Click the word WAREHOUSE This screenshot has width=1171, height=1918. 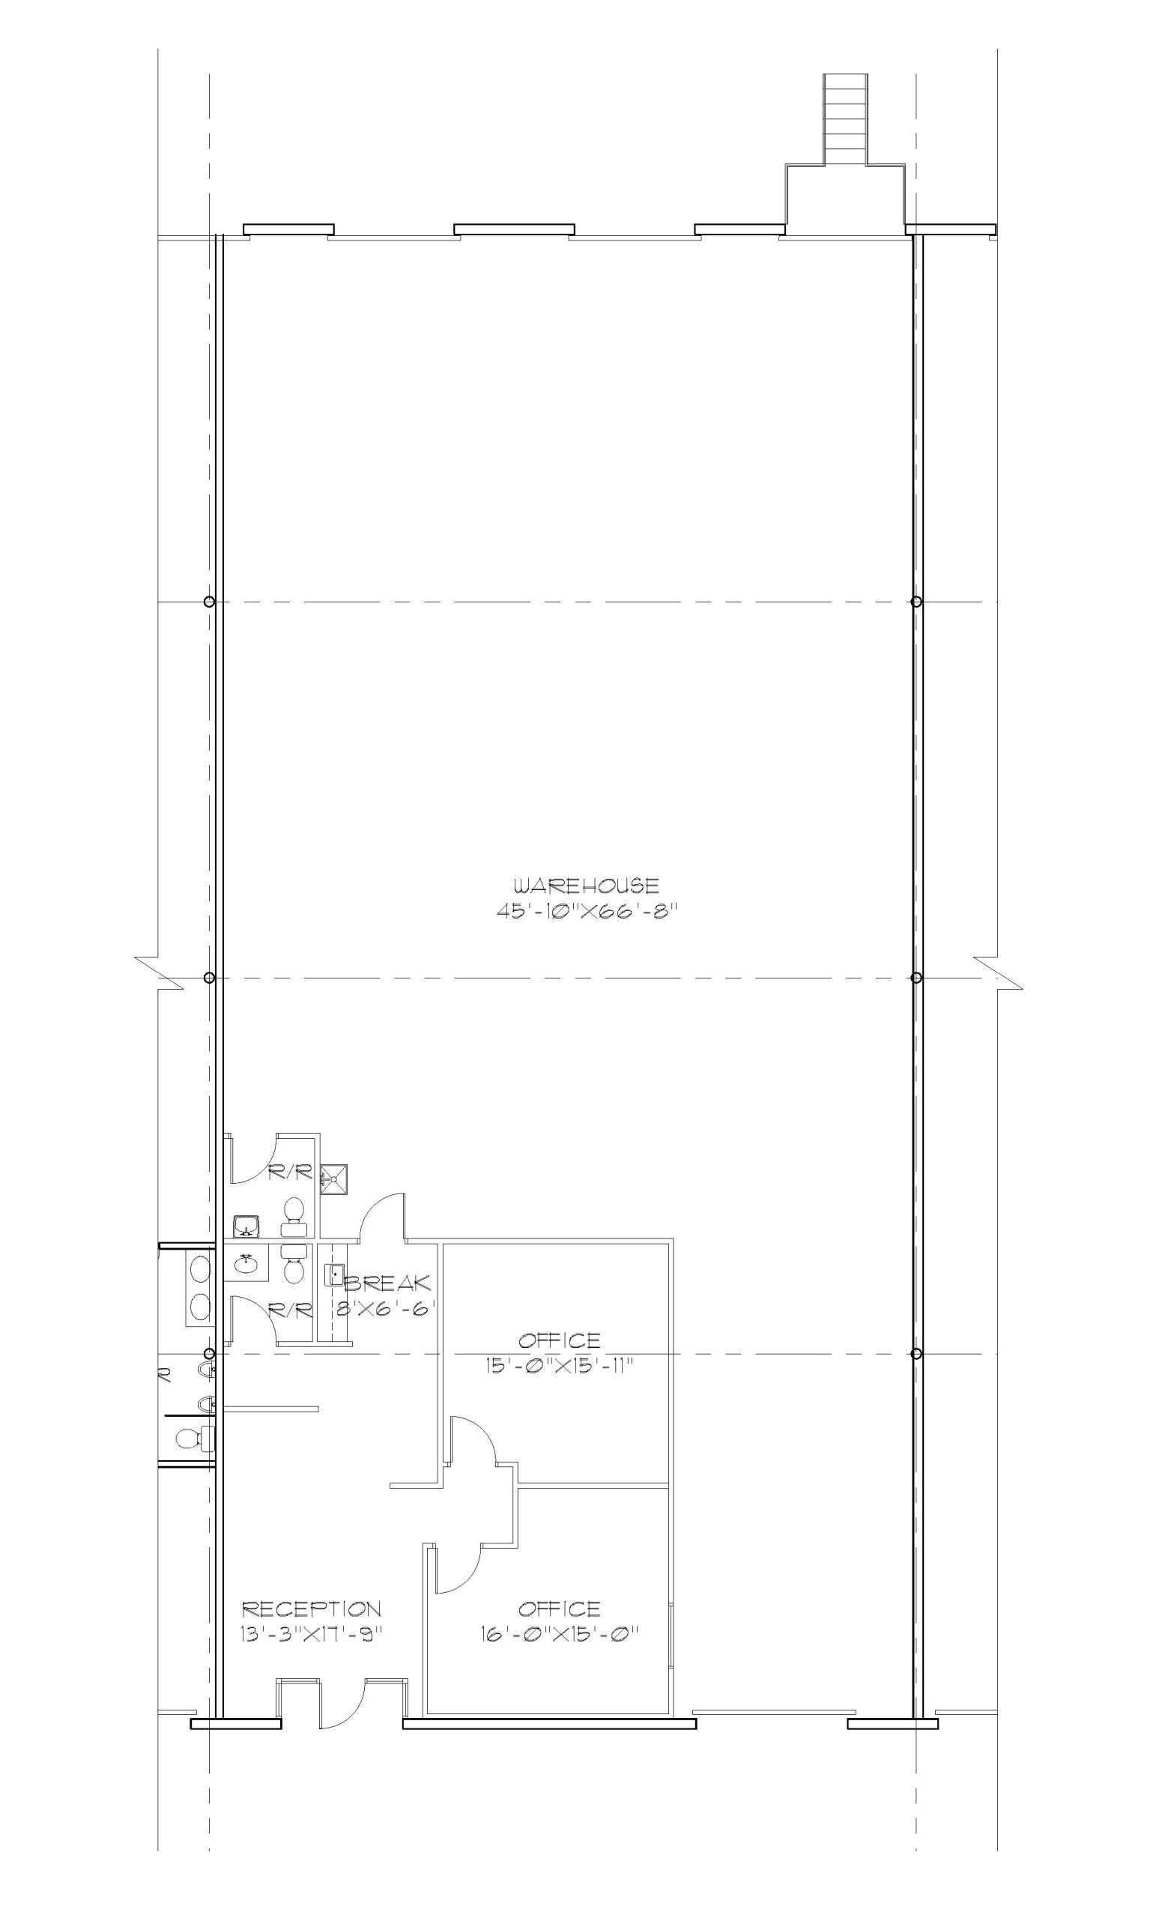587,886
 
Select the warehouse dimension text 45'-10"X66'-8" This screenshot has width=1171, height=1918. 583,911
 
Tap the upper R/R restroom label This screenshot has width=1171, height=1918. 290,1173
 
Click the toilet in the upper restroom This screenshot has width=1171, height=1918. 293,1217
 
